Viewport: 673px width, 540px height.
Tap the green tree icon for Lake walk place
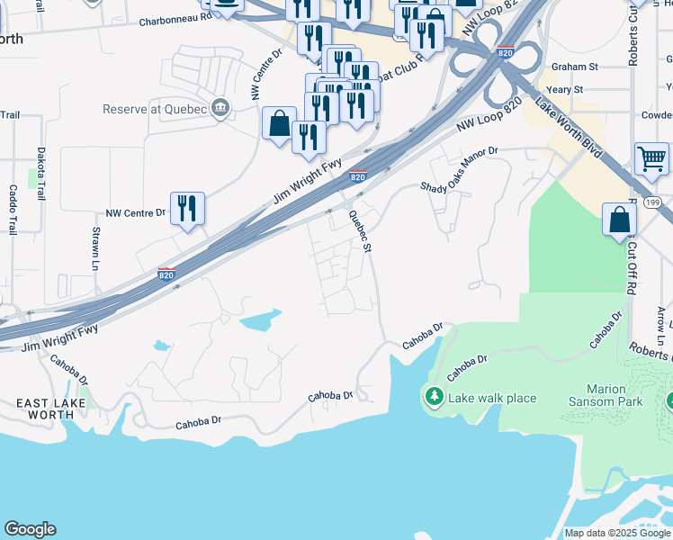tap(434, 397)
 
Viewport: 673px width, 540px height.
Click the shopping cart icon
tap(651, 159)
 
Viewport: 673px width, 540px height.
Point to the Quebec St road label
tap(359, 231)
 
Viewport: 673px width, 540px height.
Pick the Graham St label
tap(575, 67)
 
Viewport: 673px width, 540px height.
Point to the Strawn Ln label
tap(95, 247)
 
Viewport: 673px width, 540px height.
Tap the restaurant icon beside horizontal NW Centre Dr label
tap(187, 208)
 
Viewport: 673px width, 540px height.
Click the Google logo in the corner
tap(30, 529)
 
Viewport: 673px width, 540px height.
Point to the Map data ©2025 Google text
tap(616, 533)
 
